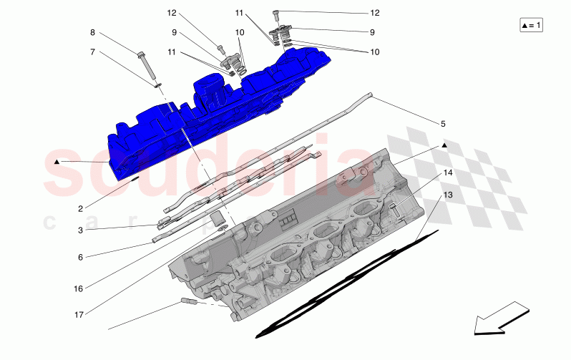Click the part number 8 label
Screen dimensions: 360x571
(x=92, y=32)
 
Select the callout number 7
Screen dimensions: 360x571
(x=92, y=52)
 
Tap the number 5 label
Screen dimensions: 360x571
(x=443, y=124)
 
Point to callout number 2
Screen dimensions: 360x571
(x=81, y=208)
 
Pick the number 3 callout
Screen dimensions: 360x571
(x=81, y=230)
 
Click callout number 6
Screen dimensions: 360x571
(x=81, y=256)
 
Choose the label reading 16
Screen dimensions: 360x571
(x=79, y=288)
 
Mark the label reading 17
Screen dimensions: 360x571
(x=79, y=313)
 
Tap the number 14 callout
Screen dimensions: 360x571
(x=446, y=173)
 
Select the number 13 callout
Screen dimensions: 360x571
(x=446, y=195)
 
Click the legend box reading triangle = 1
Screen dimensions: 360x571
(x=532, y=26)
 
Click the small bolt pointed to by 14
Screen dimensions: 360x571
(x=394, y=209)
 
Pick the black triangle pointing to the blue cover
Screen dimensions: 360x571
(x=57, y=162)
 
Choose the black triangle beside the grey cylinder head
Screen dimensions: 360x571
(x=444, y=145)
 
